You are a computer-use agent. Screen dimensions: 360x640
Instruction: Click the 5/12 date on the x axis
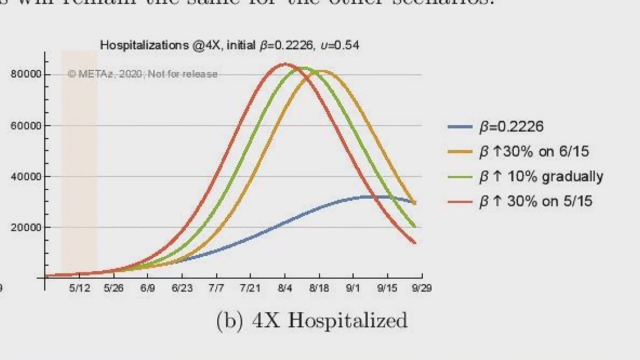click(79, 288)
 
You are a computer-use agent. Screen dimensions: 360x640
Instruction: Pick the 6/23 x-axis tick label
click(182, 288)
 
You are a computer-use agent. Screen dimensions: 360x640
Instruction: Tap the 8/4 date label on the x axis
click(285, 288)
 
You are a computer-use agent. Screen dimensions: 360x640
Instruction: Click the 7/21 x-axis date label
click(250, 288)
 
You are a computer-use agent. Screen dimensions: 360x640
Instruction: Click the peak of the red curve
click(285, 63)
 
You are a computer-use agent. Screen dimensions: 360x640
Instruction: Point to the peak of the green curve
click(304, 68)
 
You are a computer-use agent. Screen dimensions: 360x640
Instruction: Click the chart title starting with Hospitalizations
click(230, 45)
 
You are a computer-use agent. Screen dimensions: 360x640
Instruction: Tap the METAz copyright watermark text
click(143, 74)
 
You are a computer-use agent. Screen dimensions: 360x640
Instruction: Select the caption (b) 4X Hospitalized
click(312, 320)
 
